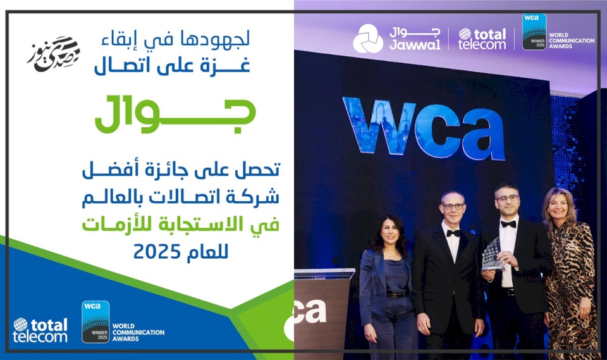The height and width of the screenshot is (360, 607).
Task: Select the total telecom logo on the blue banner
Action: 40,330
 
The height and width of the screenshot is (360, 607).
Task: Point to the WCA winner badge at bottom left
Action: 95,321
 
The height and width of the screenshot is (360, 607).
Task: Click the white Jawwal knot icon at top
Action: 367,38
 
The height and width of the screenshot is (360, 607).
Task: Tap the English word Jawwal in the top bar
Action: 415,44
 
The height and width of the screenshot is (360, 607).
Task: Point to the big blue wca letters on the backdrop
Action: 423,127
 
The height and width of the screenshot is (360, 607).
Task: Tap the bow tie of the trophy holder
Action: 508,223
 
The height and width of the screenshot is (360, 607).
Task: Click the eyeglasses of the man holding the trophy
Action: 507,198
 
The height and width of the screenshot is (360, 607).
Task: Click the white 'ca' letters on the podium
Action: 310,311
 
